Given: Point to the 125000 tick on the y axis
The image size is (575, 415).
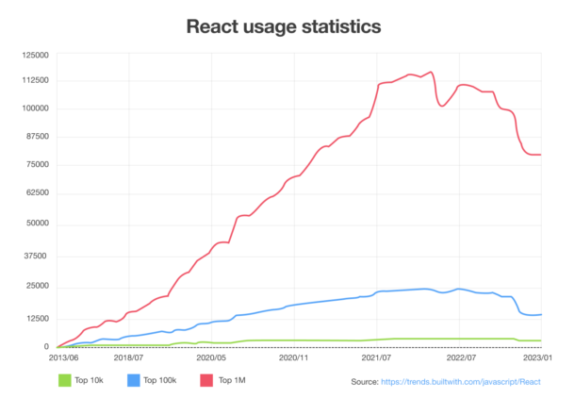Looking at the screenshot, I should tap(35, 55).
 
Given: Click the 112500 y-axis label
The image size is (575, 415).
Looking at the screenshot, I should tap(35, 80).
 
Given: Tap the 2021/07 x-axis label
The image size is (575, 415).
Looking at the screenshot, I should tap(377, 358).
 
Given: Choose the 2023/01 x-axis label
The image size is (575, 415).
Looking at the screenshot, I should tap(539, 358).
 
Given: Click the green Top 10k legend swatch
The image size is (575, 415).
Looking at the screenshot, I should tap(65, 380).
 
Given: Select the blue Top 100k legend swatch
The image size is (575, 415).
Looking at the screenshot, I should tap(132, 380).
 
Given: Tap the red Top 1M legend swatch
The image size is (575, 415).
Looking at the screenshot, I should tap(205, 380).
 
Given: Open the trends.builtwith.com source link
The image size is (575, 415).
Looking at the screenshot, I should tap(459, 382).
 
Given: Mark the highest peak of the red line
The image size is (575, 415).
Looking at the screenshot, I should tap(431, 72).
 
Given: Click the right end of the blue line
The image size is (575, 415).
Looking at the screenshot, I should tap(541, 314).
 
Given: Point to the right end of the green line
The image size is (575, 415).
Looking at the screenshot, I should tap(541, 340).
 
